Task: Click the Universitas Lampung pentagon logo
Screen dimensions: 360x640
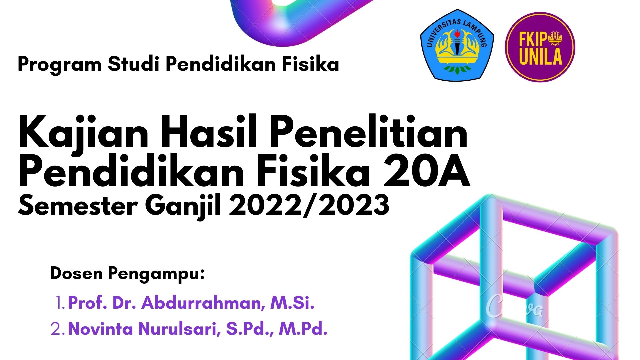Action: pyautogui.click(x=457, y=45)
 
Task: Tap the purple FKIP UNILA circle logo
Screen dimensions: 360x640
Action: pyautogui.click(x=540, y=47)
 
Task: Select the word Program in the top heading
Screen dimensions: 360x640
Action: pyautogui.click(x=60, y=64)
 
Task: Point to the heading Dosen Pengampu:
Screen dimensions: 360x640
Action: pyautogui.click(x=127, y=274)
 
